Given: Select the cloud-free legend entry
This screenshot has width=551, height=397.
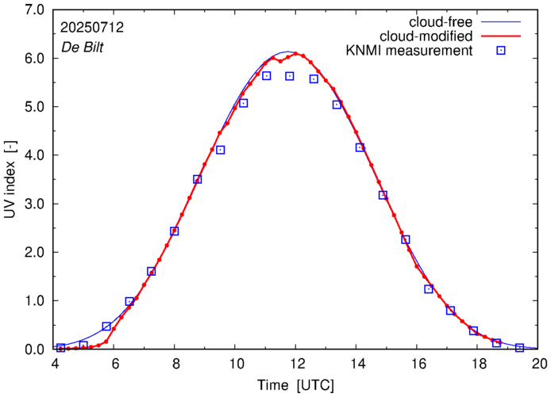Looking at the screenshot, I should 437,21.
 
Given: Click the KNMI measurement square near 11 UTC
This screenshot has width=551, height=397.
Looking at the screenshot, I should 267,76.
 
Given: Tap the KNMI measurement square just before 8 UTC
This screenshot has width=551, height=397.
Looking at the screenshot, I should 175,231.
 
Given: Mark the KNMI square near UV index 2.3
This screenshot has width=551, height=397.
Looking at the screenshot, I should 406,239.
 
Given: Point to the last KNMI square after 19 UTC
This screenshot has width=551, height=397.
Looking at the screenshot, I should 520,348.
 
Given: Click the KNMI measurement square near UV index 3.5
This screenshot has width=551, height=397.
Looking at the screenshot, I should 198,179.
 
